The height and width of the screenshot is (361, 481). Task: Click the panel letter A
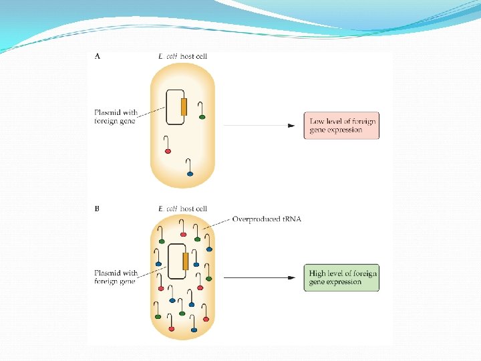(x=98, y=57)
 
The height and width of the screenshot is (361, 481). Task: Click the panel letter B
(x=98, y=209)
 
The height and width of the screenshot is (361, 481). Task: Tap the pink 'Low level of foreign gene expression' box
(x=341, y=126)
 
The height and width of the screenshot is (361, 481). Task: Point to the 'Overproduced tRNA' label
(x=266, y=219)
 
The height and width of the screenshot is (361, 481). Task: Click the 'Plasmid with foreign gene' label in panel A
(x=116, y=116)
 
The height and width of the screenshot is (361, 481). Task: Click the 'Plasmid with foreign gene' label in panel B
(x=116, y=277)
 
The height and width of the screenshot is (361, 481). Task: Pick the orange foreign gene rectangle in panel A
(x=183, y=107)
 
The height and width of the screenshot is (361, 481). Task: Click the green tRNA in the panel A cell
(x=202, y=117)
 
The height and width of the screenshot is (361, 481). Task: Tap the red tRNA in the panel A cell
(x=168, y=151)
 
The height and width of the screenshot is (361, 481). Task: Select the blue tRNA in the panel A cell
(x=190, y=173)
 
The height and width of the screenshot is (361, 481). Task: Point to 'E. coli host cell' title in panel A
(x=182, y=57)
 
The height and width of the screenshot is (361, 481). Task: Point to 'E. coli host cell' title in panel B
(x=182, y=209)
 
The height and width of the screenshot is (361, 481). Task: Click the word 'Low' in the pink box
(x=317, y=121)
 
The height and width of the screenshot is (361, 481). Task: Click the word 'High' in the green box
(x=319, y=273)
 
